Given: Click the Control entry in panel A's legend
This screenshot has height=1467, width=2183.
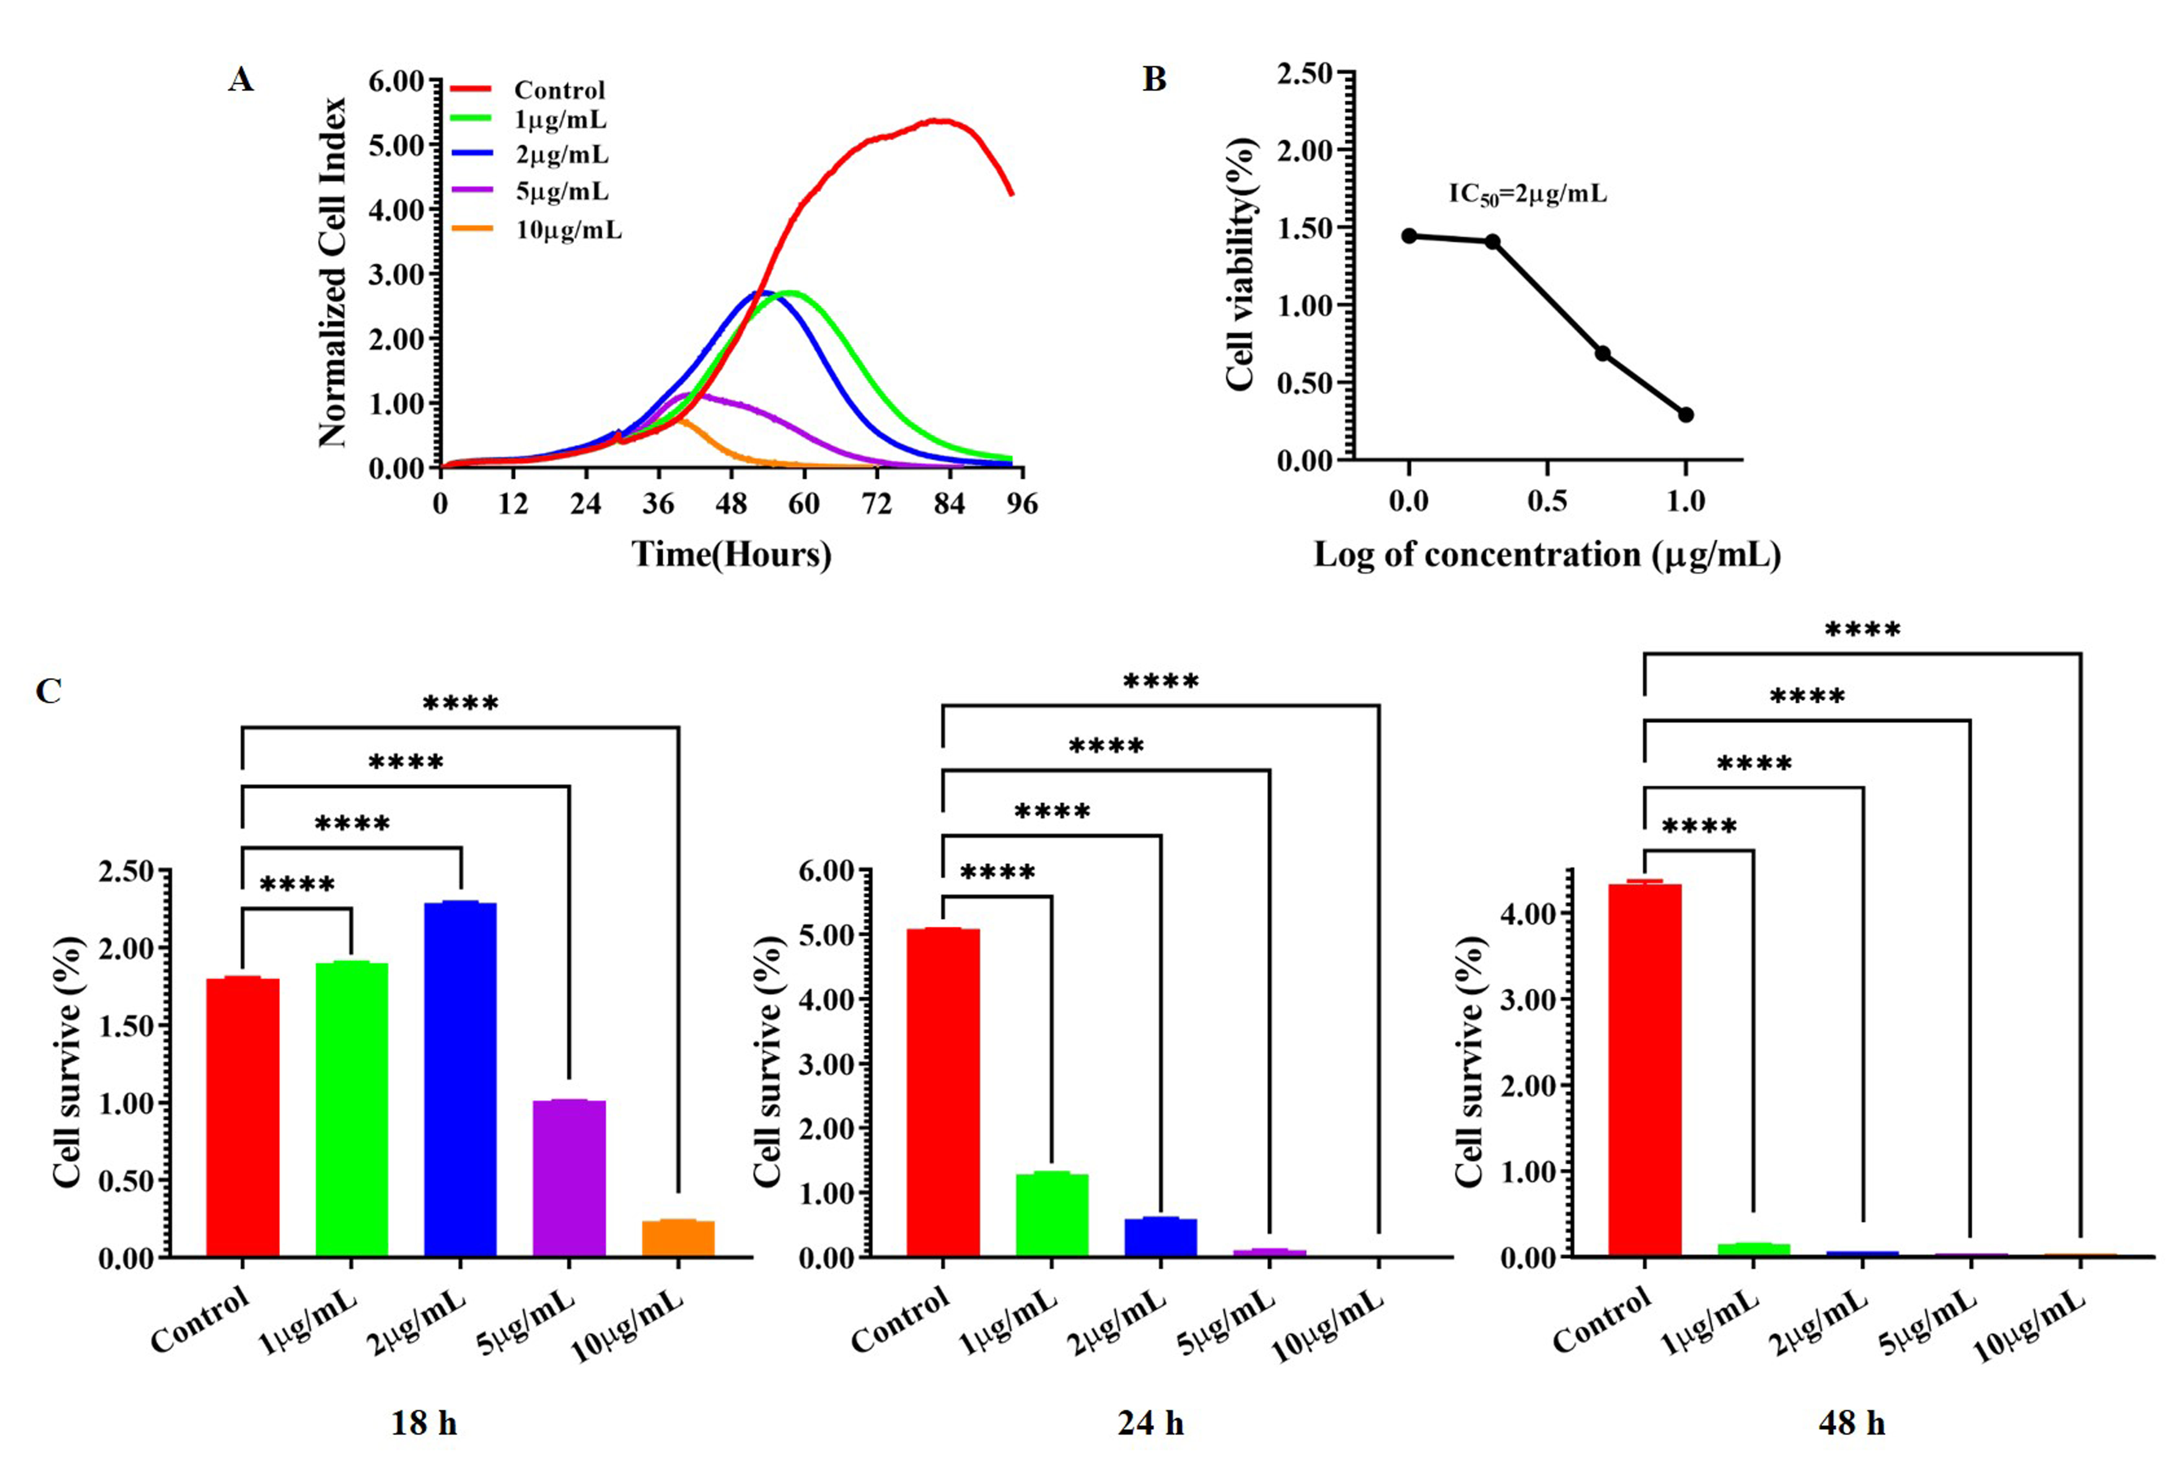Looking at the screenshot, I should [x=559, y=90].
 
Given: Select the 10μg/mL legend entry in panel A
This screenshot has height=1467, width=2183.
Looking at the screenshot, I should [x=568, y=230].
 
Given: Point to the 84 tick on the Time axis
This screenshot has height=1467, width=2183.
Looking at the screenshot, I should [x=949, y=504].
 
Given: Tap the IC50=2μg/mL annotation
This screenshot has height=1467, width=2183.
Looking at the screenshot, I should [x=1527, y=194].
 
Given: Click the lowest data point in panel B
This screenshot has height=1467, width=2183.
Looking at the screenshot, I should [x=1685, y=415].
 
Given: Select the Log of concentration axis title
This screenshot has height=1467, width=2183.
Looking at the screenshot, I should [x=1547, y=555].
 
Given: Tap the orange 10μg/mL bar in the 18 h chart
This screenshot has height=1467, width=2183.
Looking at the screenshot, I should [x=678, y=1237].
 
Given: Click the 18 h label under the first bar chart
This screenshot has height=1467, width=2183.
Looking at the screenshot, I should [x=424, y=1423].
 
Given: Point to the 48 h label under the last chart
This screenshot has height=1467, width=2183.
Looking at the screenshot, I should [x=1851, y=1423].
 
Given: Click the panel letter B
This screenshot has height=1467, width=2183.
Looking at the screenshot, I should [x=1155, y=80].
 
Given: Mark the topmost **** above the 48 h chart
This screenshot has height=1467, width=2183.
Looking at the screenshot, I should [x=1862, y=630].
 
